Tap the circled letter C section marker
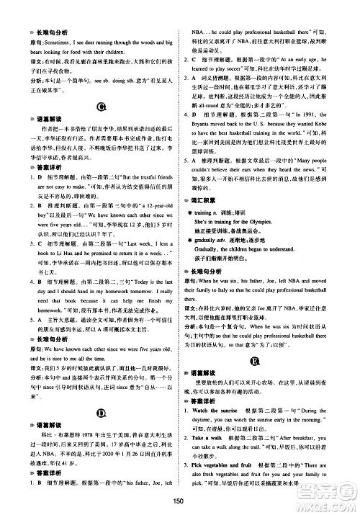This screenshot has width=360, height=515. [x=101, y=107]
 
